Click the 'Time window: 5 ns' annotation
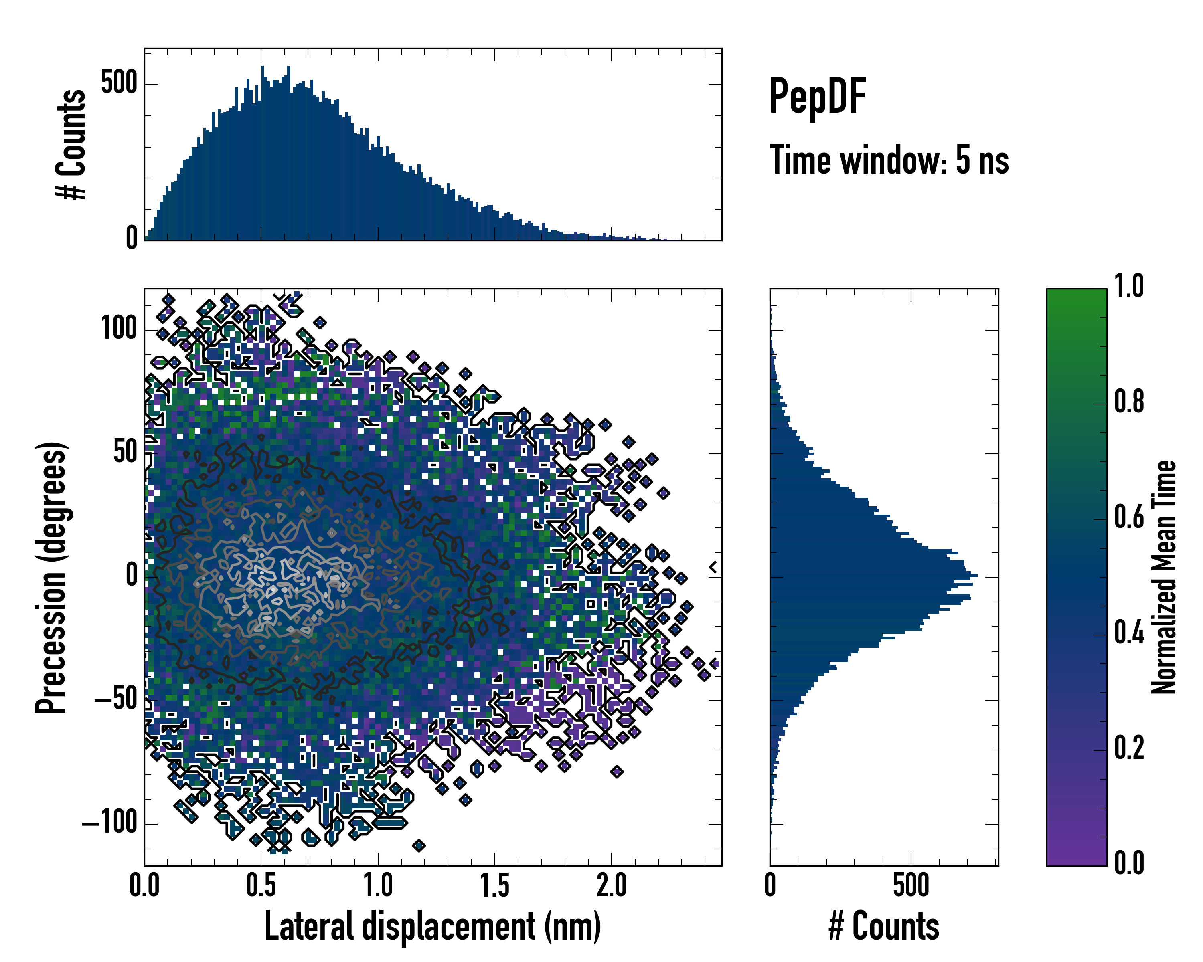(889, 160)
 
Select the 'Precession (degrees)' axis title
(51, 577)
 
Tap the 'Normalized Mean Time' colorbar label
(1164, 577)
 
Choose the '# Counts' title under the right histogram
(884, 926)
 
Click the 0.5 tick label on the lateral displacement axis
(261, 885)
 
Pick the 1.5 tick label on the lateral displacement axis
(495, 885)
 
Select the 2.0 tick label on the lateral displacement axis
(612, 885)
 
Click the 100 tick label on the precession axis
(119, 329)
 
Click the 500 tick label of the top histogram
(119, 84)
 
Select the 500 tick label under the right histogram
(911, 885)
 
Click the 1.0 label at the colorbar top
(1129, 286)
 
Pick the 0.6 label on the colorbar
(1129, 517)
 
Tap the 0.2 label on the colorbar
(1129, 748)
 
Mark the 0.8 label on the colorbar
(1129, 402)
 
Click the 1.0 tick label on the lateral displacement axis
(378, 885)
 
